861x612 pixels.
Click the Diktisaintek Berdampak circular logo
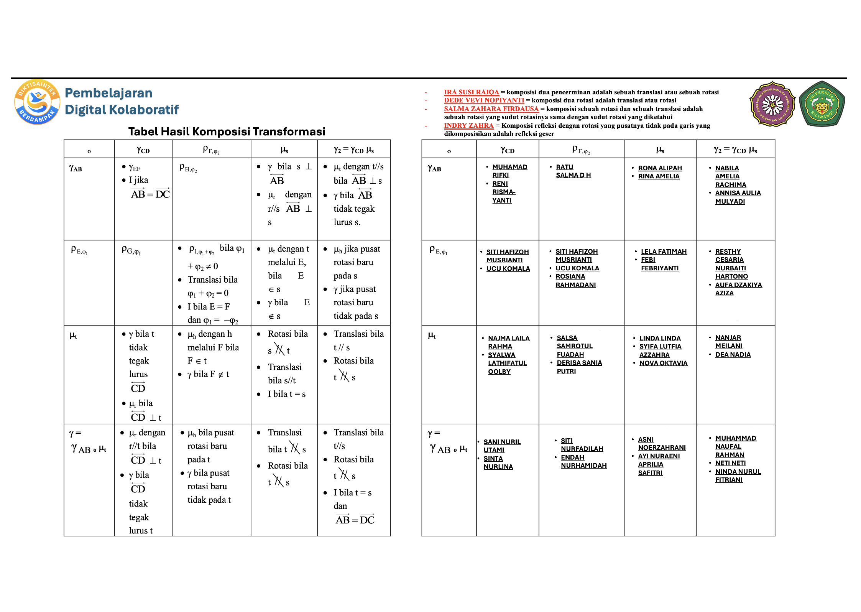tap(37, 102)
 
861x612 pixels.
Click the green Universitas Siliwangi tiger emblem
tap(822, 104)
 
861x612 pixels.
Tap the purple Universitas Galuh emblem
tap(772, 104)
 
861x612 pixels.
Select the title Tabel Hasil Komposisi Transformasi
tap(227, 132)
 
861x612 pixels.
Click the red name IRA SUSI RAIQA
tap(471, 92)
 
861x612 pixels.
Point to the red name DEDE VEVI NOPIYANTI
tap(484, 100)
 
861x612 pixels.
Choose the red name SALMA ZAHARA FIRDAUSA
tap(491, 109)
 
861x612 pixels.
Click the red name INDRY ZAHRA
tap(468, 125)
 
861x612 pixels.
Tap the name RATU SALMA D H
tap(573, 171)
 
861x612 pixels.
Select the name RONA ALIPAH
tap(660, 168)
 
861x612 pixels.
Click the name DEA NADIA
tap(733, 354)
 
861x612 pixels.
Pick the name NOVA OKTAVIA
tap(663, 363)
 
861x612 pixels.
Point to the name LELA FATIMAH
tap(664, 252)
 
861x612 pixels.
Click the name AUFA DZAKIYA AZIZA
tap(738, 289)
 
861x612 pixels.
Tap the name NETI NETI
tap(730, 463)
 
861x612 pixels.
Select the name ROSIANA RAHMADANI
tap(575, 280)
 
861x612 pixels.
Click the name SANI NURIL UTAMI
tap(501, 446)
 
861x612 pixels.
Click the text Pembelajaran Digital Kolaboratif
tap(121, 101)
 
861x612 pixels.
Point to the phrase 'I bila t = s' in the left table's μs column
tap(286, 394)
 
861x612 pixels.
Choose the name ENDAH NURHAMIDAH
tap(583, 461)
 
